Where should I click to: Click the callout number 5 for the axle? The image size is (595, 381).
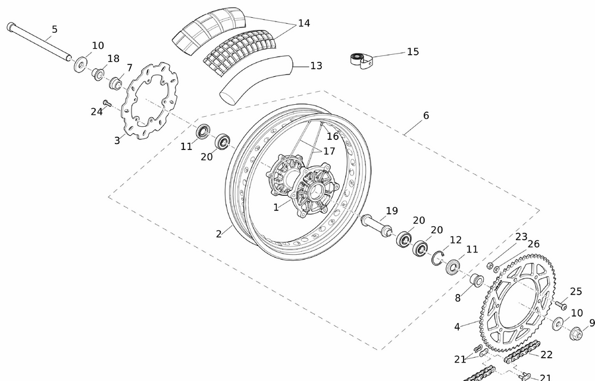(54, 29)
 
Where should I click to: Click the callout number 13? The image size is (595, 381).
(316, 65)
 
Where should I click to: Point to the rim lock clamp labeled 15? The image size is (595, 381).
(359, 60)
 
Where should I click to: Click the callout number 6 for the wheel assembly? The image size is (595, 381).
(426, 115)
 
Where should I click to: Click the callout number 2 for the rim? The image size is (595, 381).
(219, 234)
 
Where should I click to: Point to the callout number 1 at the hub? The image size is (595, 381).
(276, 207)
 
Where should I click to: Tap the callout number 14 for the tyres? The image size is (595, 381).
(304, 23)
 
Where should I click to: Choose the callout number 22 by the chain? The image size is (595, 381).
(546, 355)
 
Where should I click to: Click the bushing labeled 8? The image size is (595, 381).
(476, 280)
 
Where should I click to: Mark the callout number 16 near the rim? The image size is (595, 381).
(333, 136)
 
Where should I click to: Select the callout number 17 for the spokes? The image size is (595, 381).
(328, 151)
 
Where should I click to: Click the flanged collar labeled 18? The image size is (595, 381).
(96, 74)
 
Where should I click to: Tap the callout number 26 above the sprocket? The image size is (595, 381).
(533, 244)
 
